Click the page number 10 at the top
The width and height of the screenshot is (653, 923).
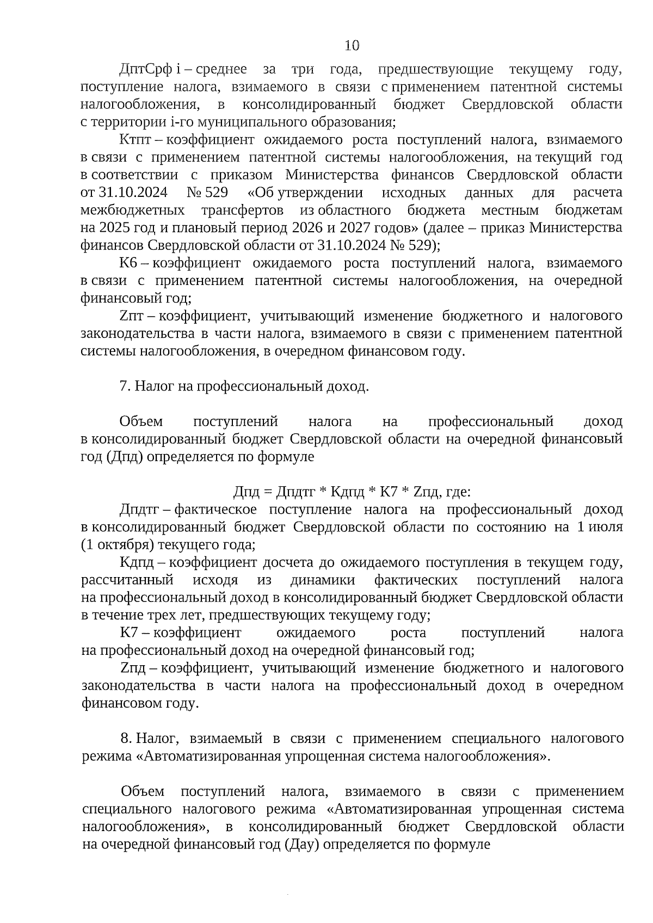(x=352, y=46)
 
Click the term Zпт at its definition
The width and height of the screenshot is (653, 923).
(x=131, y=316)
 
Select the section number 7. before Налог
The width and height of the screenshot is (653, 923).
(x=125, y=386)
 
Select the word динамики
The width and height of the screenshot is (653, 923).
(x=323, y=580)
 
